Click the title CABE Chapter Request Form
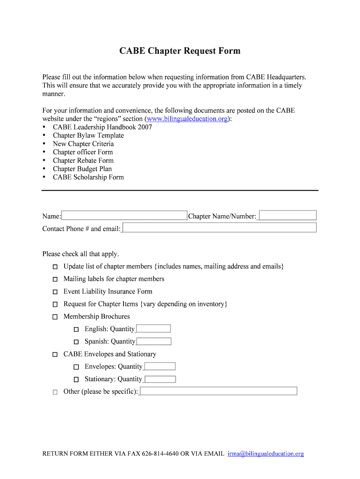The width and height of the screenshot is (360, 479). click(180, 51)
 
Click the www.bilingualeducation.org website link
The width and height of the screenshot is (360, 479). click(187, 119)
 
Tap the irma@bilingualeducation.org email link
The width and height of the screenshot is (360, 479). click(266, 454)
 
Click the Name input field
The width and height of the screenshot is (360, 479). click(124, 216)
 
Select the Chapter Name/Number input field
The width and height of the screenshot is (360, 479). click(288, 216)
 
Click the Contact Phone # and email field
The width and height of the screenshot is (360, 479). click(219, 228)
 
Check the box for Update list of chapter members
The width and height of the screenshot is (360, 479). click(55, 267)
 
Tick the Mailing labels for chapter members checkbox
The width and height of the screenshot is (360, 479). click(55, 279)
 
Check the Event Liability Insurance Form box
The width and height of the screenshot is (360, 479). click(55, 292)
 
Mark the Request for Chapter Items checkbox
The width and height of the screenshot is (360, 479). click(55, 305)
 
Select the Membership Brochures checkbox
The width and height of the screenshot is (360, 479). click(55, 317)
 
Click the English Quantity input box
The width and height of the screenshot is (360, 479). click(153, 329)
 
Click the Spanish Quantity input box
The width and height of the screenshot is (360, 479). click(153, 341)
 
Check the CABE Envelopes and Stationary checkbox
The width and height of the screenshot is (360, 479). click(55, 355)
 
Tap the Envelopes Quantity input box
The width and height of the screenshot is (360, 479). click(159, 367)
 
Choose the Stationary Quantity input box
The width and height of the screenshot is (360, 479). click(160, 379)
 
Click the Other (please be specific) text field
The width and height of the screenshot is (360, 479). click(218, 391)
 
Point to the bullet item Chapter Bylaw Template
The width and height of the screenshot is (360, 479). click(88, 136)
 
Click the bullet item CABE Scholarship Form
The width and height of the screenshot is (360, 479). click(88, 177)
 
